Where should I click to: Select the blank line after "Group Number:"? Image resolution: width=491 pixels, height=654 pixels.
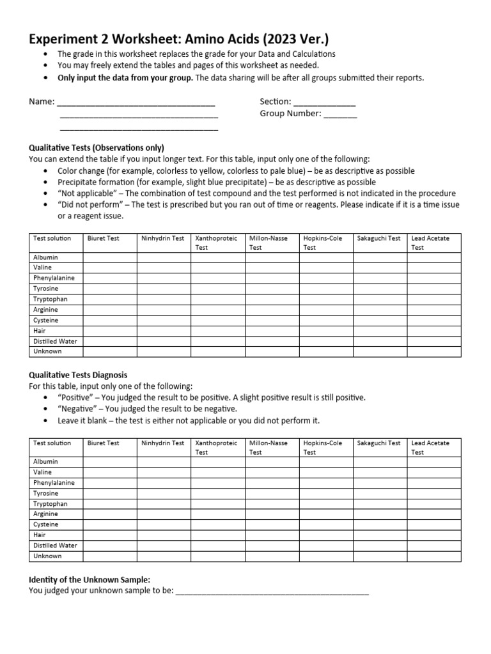[x=340, y=114]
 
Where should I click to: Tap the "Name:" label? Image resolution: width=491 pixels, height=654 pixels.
[x=42, y=102]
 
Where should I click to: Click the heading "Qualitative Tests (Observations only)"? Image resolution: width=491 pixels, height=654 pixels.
[x=97, y=148]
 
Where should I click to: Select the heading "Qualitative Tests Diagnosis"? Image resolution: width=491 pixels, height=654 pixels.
[x=78, y=375]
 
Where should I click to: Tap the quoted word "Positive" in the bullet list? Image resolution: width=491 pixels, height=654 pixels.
[x=77, y=397]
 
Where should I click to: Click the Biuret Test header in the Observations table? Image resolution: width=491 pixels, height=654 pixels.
[x=104, y=238]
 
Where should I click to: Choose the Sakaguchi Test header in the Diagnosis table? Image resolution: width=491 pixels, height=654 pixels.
[x=379, y=443]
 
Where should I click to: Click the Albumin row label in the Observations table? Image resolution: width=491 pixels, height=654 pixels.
[x=45, y=257]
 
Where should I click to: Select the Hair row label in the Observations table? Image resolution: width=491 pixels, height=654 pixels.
[x=40, y=331]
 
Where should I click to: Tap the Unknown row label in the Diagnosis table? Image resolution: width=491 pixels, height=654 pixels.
[x=47, y=556]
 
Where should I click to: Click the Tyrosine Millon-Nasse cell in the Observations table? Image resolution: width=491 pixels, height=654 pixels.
[x=272, y=289]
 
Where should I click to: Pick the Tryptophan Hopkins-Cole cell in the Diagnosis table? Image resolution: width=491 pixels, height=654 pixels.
[x=326, y=504]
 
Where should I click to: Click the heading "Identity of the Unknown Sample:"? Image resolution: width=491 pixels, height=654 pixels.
[x=90, y=579]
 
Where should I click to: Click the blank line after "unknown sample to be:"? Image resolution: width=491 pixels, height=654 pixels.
[x=272, y=591]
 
